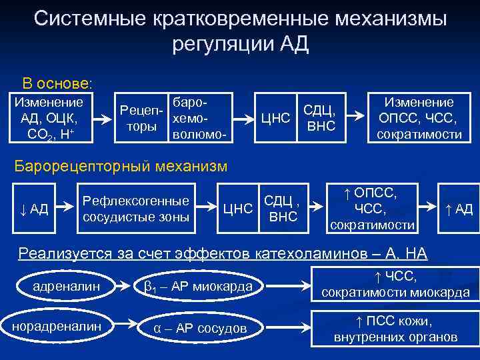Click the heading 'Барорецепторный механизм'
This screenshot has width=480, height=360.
[121, 165]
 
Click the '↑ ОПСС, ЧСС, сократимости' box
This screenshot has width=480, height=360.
[373, 209]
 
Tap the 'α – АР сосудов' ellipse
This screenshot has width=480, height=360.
[199, 328]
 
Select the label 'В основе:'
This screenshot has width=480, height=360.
[57, 84]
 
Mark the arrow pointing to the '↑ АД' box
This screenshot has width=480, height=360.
[431, 209]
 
